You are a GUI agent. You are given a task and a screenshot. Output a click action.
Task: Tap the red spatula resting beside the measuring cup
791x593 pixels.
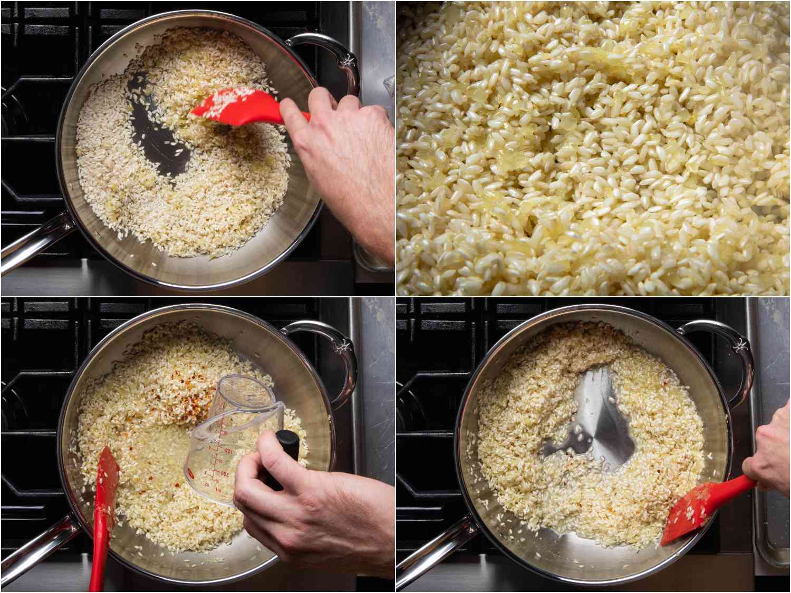pyautogui.click(x=103, y=506)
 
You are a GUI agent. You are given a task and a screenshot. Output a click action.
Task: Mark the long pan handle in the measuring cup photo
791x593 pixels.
pyautogui.click(x=32, y=543)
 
